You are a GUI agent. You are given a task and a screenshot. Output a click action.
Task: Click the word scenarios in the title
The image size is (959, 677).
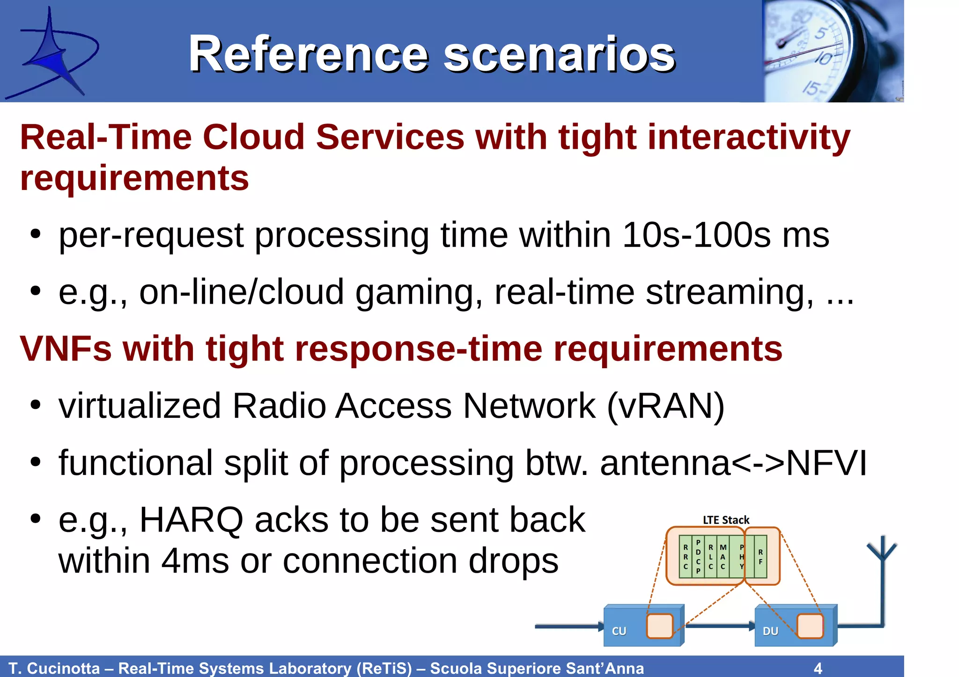pos(559,55)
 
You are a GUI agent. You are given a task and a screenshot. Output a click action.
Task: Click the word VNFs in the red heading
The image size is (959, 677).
pos(65,349)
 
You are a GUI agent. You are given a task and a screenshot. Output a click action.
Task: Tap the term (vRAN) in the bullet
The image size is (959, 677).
pos(665,406)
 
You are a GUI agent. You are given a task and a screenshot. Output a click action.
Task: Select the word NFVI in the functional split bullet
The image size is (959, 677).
pos(827,463)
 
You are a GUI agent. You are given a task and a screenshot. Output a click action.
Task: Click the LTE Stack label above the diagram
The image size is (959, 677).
pos(726,520)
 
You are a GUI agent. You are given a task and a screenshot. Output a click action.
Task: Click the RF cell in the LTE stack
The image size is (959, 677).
pos(760,557)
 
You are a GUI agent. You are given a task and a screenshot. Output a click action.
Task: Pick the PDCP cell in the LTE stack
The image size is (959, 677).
pos(698,557)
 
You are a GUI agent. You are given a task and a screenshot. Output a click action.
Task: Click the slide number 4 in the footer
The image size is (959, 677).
pos(818,668)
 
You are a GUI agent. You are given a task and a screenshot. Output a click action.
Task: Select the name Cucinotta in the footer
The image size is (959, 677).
pos(63,668)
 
